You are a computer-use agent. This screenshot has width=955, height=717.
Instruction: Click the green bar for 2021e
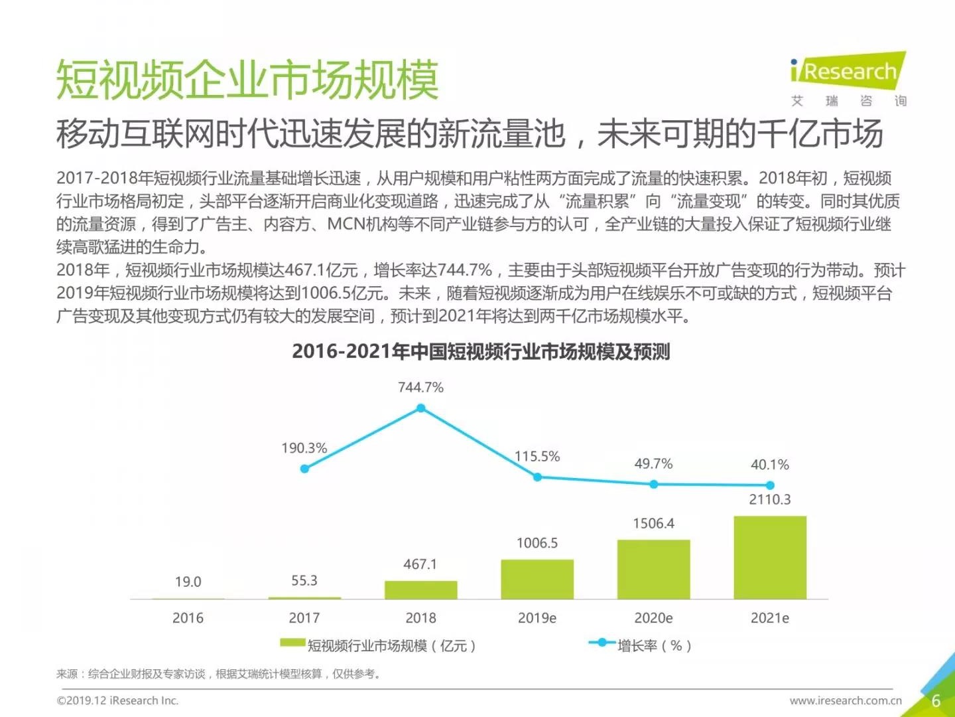coord(770,557)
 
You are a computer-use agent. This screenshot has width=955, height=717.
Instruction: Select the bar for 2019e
coord(537,579)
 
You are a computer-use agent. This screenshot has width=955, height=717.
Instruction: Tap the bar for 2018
coord(420,590)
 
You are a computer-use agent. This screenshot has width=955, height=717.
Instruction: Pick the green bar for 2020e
coord(653,569)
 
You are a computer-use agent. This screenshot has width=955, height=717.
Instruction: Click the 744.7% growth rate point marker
coord(420,408)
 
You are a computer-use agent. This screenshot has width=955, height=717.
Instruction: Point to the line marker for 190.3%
coord(304,469)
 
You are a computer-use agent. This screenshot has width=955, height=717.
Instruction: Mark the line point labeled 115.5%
coord(537,477)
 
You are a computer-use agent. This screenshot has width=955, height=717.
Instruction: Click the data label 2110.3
coord(770,499)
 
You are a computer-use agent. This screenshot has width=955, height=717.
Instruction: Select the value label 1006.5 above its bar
coord(537,543)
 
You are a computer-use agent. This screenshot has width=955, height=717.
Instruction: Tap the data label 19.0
coord(188,582)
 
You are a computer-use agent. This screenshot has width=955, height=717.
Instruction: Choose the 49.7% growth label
coord(653,463)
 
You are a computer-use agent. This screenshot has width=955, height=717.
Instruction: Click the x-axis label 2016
coord(188,618)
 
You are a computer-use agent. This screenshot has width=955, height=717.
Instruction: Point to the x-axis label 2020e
coord(653,618)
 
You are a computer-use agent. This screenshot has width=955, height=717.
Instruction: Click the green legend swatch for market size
coord(292,643)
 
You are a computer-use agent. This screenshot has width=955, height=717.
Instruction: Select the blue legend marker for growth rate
coord(602,643)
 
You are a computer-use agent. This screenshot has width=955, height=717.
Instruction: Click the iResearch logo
coord(848,72)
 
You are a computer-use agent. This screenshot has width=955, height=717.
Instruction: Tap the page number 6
coord(936,700)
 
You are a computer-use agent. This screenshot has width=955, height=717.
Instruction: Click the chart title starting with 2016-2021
coord(481,351)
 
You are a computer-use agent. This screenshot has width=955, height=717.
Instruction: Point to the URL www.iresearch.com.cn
coord(846,700)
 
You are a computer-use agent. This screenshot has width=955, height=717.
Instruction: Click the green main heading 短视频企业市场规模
coord(247,80)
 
